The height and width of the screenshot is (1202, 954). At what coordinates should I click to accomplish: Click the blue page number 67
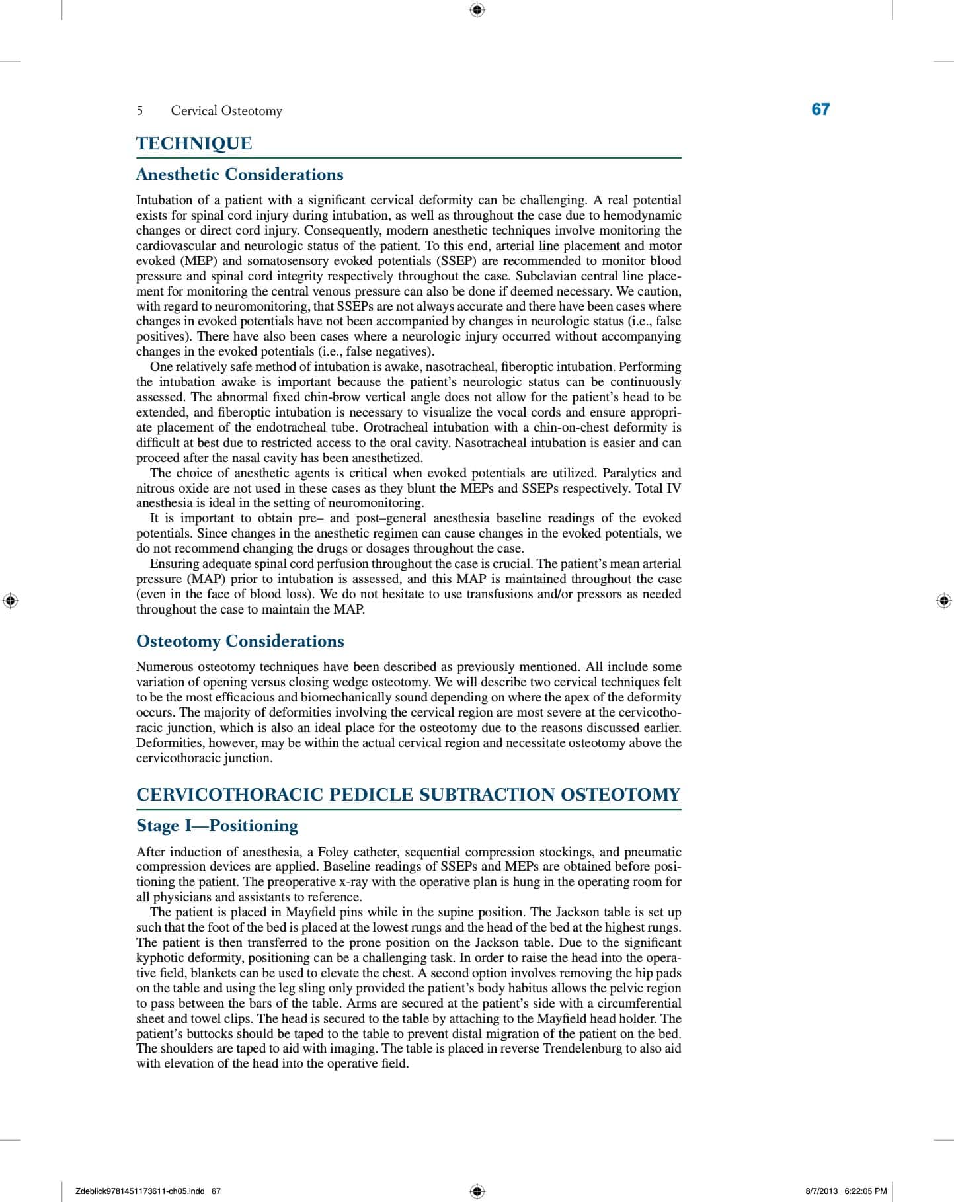[x=820, y=110]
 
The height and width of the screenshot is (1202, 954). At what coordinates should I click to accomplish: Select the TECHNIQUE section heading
[x=194, y=143]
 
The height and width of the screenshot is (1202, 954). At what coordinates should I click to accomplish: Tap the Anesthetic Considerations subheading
[x=239, y=175]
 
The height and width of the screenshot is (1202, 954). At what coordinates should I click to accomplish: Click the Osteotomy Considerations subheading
[x=240, y=641]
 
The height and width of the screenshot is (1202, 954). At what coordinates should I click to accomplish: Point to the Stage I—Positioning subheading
[x=217, y=826]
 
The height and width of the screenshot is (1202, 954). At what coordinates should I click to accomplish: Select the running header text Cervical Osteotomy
[x=226, y=111]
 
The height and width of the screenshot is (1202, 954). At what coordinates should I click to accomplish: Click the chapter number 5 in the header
[x=139, y=111]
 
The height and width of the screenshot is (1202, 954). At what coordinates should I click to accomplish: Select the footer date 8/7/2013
[x=821, y=1191]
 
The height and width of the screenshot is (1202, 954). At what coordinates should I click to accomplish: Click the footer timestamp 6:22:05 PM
[x=865, y=1191]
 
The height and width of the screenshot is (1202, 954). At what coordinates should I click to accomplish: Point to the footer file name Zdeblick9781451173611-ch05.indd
[x=140, y=1191]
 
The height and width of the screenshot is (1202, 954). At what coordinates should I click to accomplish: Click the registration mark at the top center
[x=477, y=9]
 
